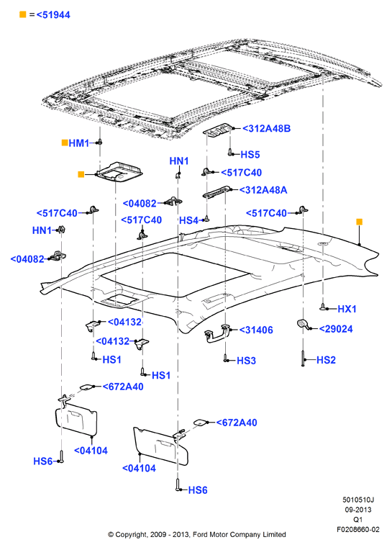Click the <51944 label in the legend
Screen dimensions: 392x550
pos(53,14)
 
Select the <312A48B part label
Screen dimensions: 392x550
pos(267,128)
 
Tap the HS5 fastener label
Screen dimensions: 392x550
pos(250,154)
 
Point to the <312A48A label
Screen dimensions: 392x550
pos(263,190)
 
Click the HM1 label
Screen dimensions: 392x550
pos(79,143)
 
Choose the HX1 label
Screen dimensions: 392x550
pos(347,309)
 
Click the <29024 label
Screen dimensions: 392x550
pos(336,329)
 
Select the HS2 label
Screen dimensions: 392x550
pos(326,360)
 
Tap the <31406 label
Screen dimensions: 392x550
pos(256,330)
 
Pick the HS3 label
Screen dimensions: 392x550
pos(246,361)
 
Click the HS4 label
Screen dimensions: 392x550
pos(189,220)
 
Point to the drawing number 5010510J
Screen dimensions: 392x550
pos(358,500)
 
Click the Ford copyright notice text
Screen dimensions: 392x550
pos(197,535)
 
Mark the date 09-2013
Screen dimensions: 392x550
pos(358,510)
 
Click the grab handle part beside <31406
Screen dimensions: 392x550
pos(216,333)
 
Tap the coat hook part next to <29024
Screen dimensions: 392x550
pos(302,324)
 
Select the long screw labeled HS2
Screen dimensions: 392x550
pos(303,359)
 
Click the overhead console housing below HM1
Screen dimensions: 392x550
pos(120,172)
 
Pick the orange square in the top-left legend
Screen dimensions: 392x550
pos(23,14)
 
